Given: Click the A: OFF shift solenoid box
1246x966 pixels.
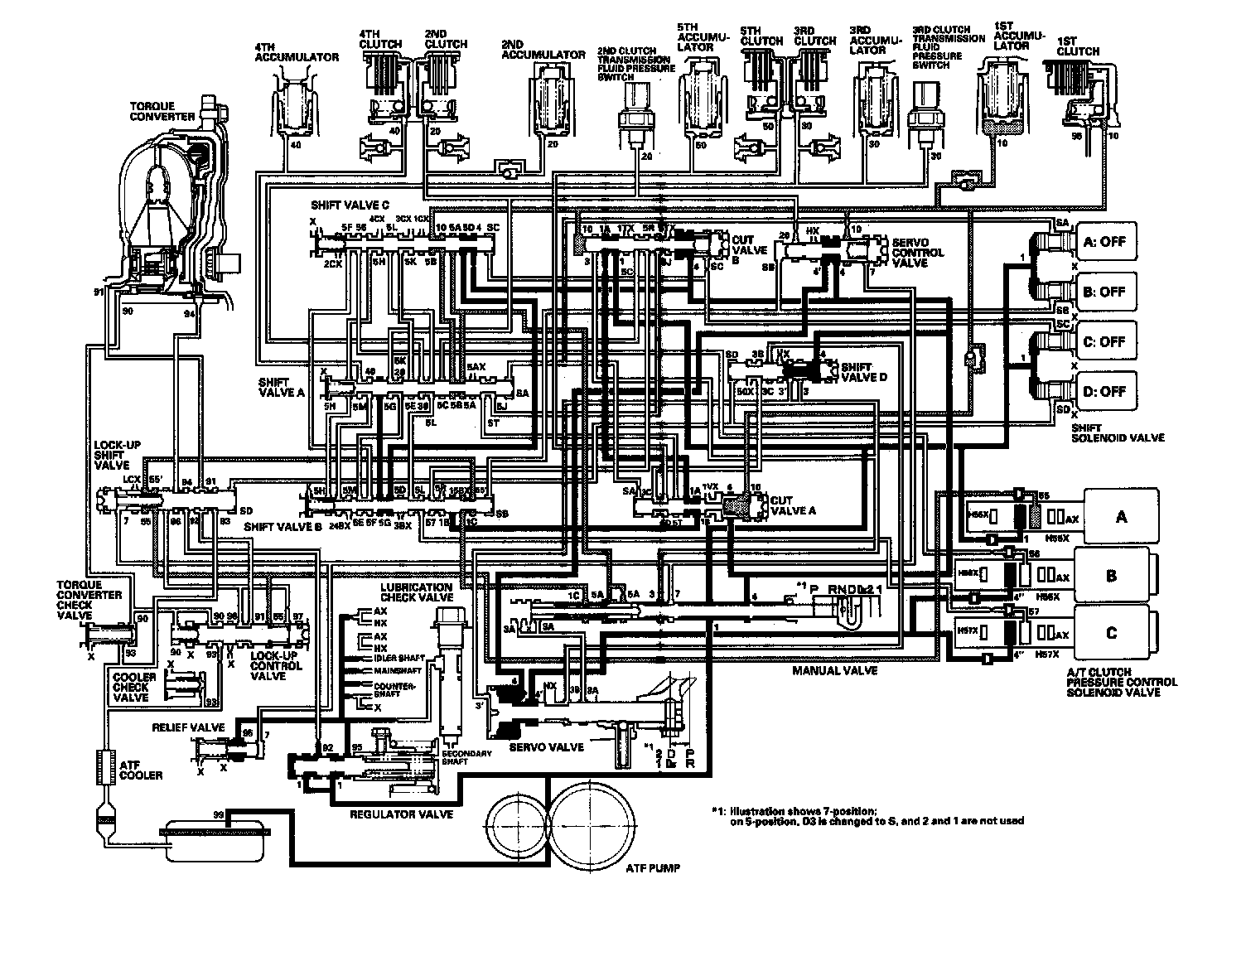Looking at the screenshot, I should coord(1104,242).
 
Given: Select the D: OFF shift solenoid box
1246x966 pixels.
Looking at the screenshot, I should coord(1104,391).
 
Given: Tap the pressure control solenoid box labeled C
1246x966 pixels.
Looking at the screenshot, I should coord(1112,634).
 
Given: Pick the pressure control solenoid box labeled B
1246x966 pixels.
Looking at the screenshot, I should coord(1112,575).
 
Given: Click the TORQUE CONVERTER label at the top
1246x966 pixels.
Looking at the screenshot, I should coord(162,112).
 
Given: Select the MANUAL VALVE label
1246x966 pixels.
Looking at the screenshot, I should coord(834,670).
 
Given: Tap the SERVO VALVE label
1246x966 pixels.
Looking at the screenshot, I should coord(546,746).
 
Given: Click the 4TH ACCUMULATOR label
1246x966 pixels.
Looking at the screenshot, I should coord(297,53).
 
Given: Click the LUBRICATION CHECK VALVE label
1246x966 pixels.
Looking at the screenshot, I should coord(418,592).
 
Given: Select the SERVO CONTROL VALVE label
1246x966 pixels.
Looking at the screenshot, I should coord(917,252).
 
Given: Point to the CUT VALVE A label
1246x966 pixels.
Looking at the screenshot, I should coord(793,505).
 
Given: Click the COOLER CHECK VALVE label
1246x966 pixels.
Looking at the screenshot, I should coord(131,687).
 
